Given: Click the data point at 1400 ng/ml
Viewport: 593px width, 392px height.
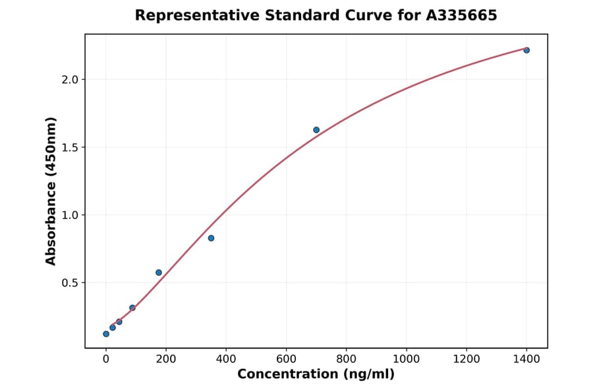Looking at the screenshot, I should pos(526,50).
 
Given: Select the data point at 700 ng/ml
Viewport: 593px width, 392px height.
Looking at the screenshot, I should pos(316,130).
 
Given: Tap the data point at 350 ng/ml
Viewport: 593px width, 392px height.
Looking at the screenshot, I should pos(211,238).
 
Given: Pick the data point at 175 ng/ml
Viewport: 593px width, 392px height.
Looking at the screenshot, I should pos(159,273).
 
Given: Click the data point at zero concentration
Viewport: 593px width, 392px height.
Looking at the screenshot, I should pos(106,334).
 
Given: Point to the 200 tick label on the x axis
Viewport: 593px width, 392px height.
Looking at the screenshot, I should pos(166,359).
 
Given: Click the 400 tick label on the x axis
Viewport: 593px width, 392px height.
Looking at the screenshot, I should pos(226,359).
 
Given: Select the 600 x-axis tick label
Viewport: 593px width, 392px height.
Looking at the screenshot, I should pos(286,359).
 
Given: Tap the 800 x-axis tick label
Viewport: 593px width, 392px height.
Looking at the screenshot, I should pos(346,359).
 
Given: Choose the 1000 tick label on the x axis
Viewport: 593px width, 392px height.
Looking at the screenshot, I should pos(406,359).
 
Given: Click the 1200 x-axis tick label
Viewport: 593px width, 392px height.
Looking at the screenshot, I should pos(466,359).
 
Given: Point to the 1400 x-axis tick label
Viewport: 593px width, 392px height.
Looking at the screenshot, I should pos(526,359).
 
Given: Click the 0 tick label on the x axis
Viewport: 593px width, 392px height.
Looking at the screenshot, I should pos(106,359).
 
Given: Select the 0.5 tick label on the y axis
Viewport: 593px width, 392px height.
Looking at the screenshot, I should pos(69,283).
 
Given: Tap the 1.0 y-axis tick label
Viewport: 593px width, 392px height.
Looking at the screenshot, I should pos(69,215).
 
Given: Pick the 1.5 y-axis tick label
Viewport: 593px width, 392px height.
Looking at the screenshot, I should pos(69,147).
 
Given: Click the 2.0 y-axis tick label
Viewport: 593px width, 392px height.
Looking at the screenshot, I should pos(69,80).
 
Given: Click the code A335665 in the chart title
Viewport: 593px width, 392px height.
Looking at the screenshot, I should pos(461,15).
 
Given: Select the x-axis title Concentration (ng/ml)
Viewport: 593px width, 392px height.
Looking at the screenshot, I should pos(316,375).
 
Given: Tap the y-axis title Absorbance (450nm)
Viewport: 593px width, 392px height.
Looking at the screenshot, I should pos(51,191).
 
